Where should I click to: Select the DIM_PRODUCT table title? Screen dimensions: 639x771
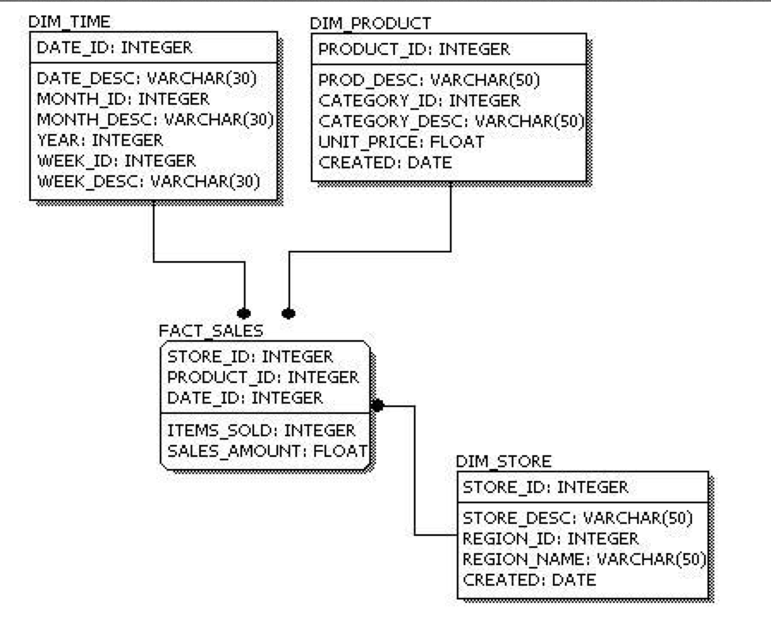click(x=370, y=22)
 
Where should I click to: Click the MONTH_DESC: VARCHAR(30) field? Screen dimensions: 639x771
click(x=155, y=119)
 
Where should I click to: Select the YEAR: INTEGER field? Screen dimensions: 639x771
click(x=100, y=139)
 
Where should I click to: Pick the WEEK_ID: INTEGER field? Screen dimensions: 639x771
click(x=116, y=160)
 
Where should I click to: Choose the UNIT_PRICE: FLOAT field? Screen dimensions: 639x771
click(x=401, y=141)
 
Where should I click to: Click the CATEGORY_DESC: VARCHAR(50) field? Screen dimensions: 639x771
click(x=451, y=121)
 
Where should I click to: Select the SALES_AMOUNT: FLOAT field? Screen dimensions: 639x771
click(x=267, y=450)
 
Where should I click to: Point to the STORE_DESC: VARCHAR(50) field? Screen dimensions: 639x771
click(x=577, y=519)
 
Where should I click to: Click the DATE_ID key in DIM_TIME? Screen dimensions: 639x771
click(x=114, y=47)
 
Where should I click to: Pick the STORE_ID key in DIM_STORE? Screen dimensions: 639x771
click(x=545, y=488)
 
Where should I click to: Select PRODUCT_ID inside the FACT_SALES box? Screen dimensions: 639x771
click(x=263, y=377)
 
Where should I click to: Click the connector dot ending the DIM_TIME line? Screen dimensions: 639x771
click(x=245, y=313)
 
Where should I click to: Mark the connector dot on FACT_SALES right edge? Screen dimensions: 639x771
click(x=376, y=405)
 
